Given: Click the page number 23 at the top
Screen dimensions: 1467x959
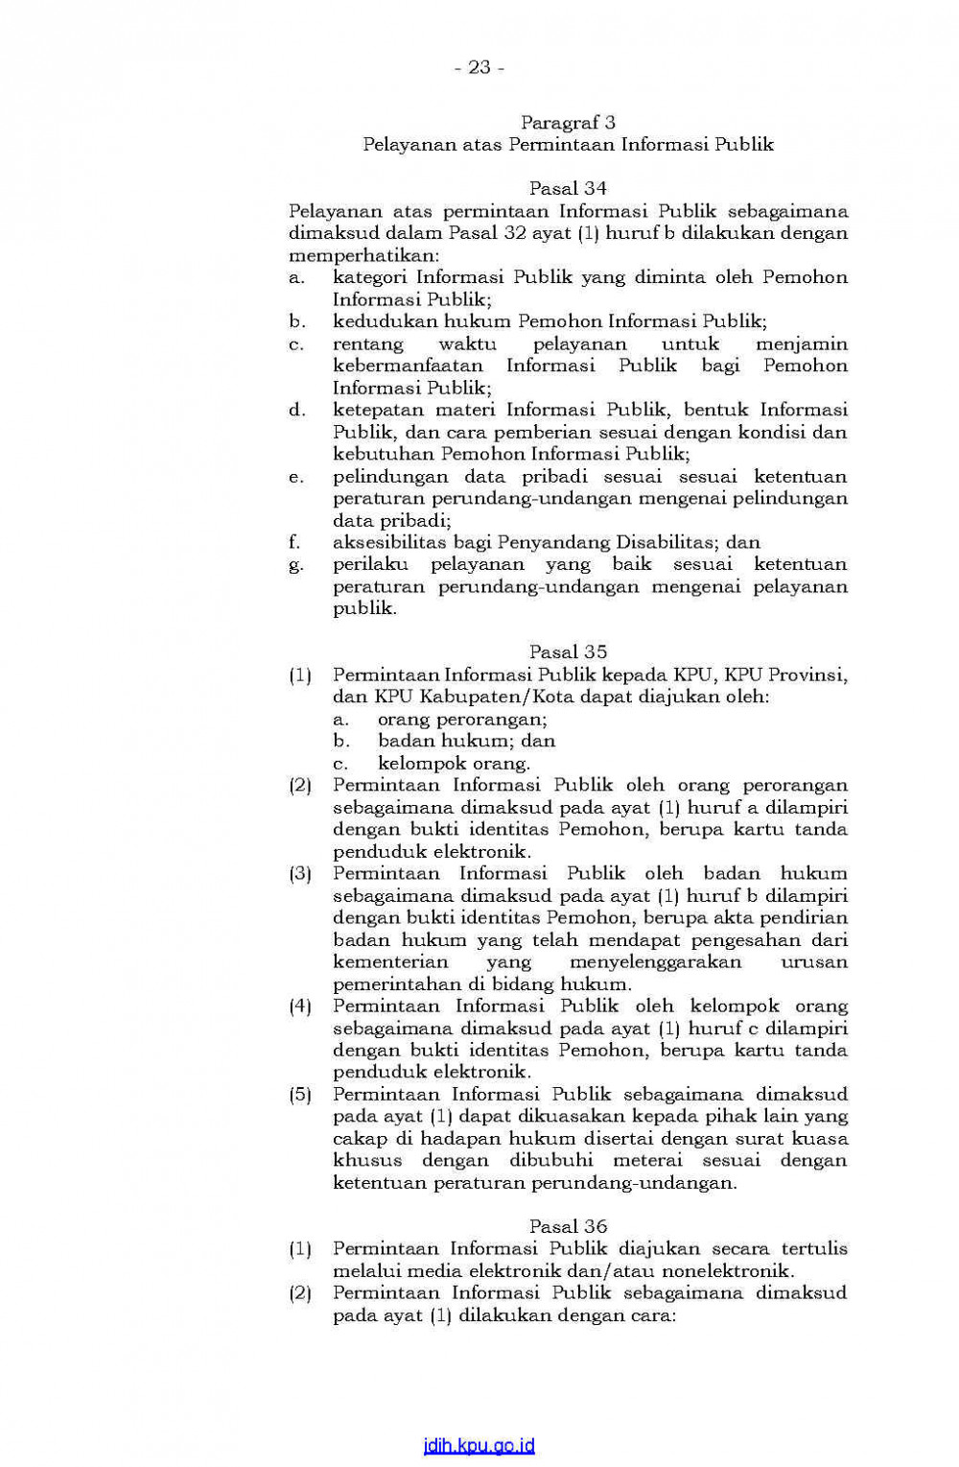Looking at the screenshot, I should point(479,67).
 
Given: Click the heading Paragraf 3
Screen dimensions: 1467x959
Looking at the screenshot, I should point(568,122).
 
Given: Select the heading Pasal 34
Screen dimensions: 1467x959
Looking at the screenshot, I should point(568,188).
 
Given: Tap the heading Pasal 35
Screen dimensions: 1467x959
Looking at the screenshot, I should point(568,651).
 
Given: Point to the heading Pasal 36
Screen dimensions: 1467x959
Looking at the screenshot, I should point(568,1226).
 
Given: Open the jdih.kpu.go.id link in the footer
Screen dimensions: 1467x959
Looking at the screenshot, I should point(479,1446).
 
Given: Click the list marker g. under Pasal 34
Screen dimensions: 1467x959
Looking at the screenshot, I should point(295,565).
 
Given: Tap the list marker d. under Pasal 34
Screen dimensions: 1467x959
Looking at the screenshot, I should point(296,410).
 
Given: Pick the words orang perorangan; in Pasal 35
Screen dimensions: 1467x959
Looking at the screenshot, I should point(462,719).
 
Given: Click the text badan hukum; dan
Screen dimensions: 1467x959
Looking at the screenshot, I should point(466,741).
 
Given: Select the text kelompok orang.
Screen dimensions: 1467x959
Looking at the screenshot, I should point(454,764).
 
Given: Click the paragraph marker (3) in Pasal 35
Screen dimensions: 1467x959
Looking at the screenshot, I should point(300,874).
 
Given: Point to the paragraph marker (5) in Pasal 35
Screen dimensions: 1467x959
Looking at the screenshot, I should point(300,1095).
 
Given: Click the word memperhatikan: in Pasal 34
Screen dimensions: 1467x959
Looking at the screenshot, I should point(363,255).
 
